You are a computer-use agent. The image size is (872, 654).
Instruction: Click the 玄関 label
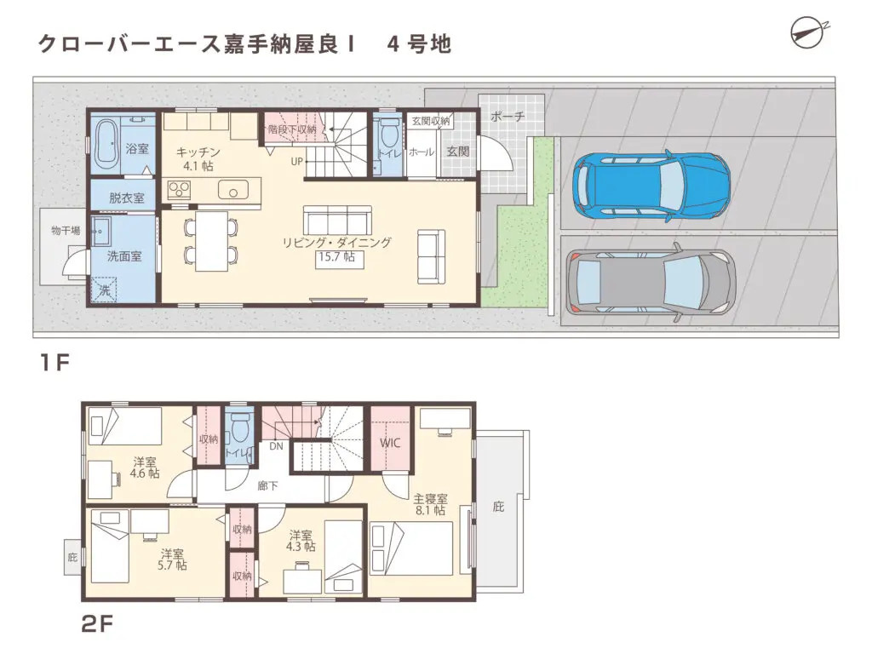[457, 152]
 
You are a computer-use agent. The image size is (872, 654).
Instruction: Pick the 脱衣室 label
[126, 198]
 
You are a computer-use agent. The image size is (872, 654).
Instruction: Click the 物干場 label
[65, 230]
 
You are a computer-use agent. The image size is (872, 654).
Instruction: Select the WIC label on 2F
[390, 444]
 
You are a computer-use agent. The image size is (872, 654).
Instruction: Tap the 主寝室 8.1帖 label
[430, 504]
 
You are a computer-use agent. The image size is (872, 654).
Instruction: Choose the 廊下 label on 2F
[267, 485]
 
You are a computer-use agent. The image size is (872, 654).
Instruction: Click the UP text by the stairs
[296, 160]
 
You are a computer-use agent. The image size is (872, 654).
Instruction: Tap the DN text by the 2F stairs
[277, 445]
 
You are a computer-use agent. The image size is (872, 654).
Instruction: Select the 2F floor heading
[97, 624]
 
